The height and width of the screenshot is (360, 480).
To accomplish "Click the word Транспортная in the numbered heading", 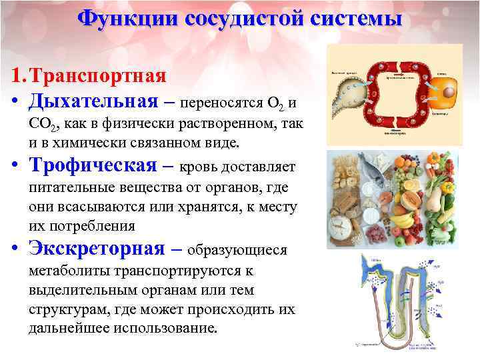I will click(104, 75).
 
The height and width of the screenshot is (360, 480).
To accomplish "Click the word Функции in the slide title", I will click(122, 18).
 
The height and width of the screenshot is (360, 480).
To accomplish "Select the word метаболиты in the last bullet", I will click(68, 271).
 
